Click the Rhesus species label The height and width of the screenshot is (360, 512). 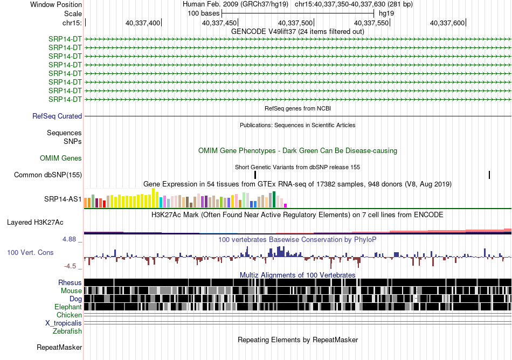(x=70, y=282)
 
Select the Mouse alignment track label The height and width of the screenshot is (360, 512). (x=71, y=291)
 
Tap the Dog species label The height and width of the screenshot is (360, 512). (x=75, y=299)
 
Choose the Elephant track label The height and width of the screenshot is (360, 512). (x=68, y=307)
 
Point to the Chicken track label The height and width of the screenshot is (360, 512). (x=69, y=315)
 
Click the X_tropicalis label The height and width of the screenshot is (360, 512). (x=64, y=323)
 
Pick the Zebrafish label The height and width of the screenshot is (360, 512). (x=67, y=331)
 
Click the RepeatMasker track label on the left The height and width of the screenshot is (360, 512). (x=59, y=347)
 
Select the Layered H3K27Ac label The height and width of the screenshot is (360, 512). (x=35, y=223)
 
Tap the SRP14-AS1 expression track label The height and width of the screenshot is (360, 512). (x=63, y=199)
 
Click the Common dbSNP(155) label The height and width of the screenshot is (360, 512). (x=48, y=175)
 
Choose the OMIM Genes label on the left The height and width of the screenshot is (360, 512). (x=61, y=158)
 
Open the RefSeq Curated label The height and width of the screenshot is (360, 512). (x=57, y=116)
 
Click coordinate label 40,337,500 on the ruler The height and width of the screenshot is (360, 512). (x=295, y=23)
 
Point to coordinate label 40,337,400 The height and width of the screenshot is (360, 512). (x=143, y=23)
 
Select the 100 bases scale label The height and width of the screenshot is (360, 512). (x=203, y=13)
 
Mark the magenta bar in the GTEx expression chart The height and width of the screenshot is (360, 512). (x=285, y=206)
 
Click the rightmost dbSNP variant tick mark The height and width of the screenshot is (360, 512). (x=489, y=175)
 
